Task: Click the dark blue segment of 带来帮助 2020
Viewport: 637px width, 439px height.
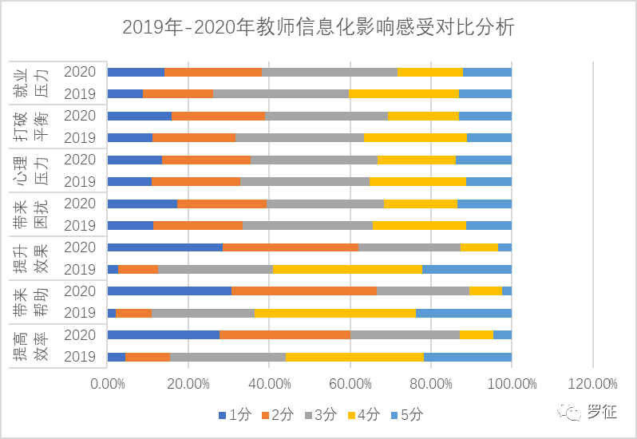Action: (x=169, y=291)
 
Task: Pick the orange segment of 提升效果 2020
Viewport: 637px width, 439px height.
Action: (x=291, y=247)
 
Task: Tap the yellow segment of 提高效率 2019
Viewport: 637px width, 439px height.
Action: (x=354, y=357)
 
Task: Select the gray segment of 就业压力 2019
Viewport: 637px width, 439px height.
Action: (x=281, y=93)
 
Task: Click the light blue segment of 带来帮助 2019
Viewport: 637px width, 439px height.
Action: (x=464, y=313)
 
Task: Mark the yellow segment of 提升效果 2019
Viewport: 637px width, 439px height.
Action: (x=347, y=269)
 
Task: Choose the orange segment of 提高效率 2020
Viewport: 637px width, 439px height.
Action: (x=285, y=334)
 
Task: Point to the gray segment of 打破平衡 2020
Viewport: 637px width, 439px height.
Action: (x=326, y=115)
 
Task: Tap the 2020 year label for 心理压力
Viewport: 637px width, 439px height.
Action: (x=80, y=159)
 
